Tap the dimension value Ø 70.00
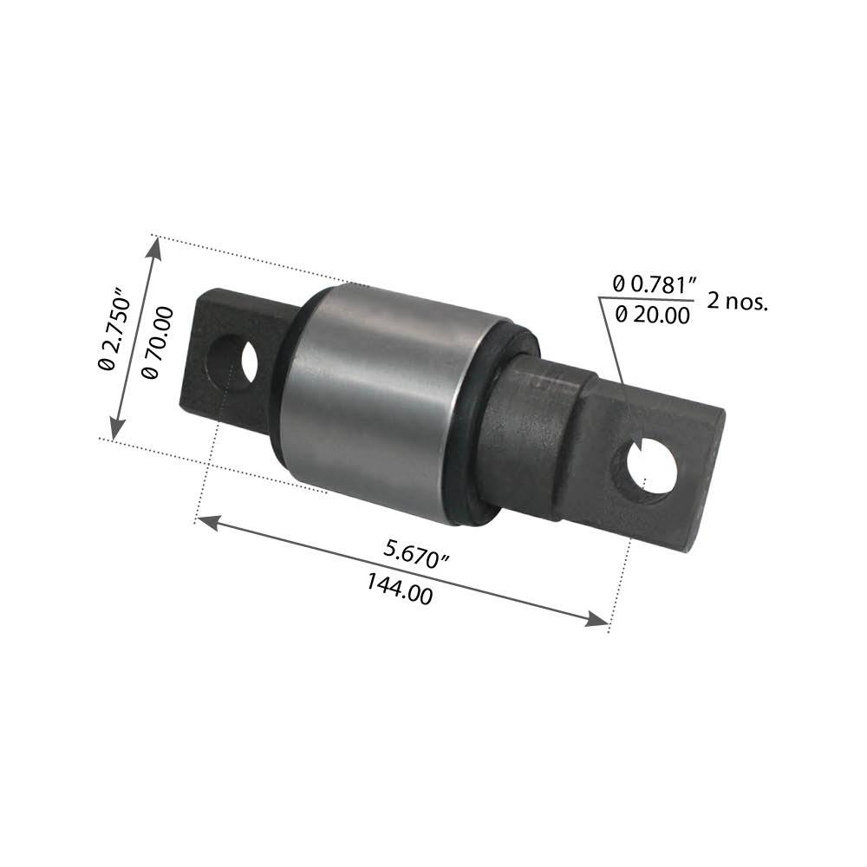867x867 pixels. point(157,342)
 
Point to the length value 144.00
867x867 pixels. point(399,590)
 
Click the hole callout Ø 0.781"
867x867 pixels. point(655,285)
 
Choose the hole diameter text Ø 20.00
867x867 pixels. point(653,316)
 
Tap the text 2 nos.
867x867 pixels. point(738,302)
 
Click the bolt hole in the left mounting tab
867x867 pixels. point(232,362)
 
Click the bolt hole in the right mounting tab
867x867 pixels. point(647,468)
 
